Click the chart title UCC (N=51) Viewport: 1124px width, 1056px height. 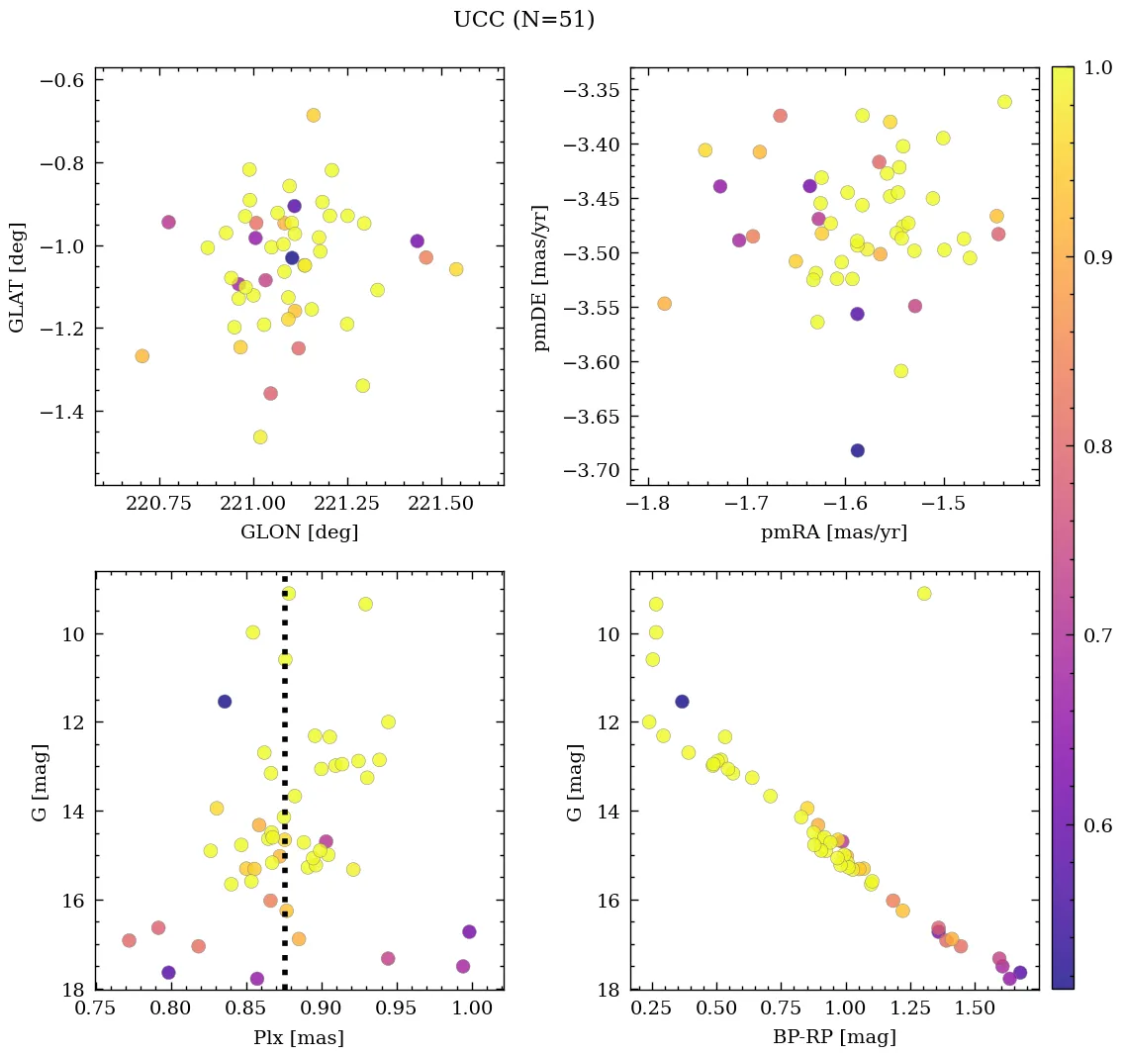(523, 20)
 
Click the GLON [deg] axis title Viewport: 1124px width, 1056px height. (299, 532)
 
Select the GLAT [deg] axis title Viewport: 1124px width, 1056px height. (17, 276)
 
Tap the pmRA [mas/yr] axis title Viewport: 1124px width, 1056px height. (833, 532)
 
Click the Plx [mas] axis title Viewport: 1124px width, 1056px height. (299, 1038)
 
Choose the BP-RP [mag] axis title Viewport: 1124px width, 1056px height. (833, 1038)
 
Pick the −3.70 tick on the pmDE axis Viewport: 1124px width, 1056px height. (592, 470)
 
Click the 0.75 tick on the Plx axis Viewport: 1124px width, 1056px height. (97, 1009)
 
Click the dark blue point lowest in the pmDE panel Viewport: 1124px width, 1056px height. (857, 450)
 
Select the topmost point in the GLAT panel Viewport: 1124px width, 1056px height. (313, 115)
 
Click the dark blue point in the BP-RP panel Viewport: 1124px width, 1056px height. (682, 702)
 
